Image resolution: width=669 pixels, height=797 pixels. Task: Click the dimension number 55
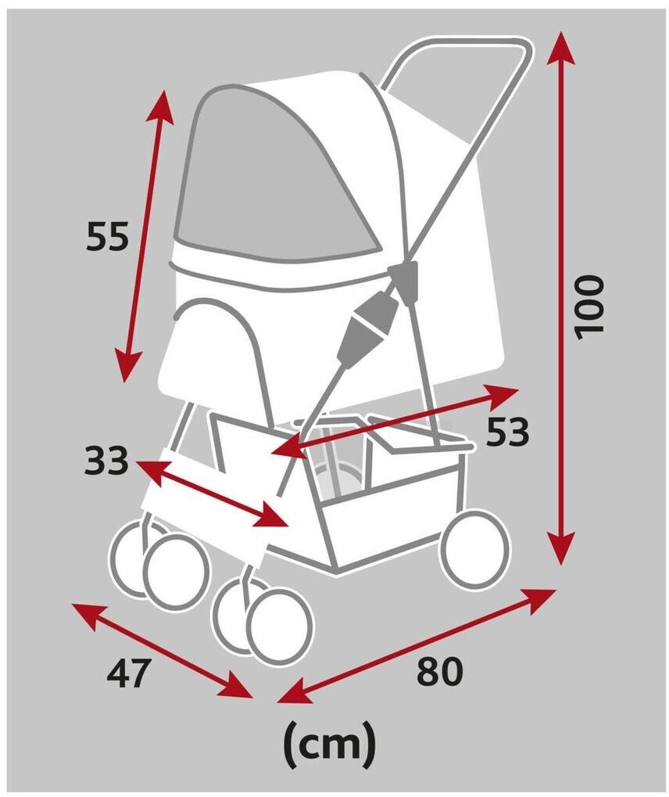pyautogui.click(x=107, y=236)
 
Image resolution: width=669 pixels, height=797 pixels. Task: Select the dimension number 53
pyautogui.click(x=507, y=432)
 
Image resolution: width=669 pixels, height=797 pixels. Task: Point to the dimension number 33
pyautogui.click(x=106, y=461)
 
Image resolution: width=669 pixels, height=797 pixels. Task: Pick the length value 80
pyautogui.click(x=440, y=670)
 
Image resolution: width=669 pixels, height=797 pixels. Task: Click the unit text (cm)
pyautogui.click(x=330, y=745)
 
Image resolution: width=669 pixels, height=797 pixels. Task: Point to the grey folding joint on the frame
pyautogui.click(x=370, y=327)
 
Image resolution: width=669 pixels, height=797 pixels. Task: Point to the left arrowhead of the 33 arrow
pyautogui.click(x=152, y=470)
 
